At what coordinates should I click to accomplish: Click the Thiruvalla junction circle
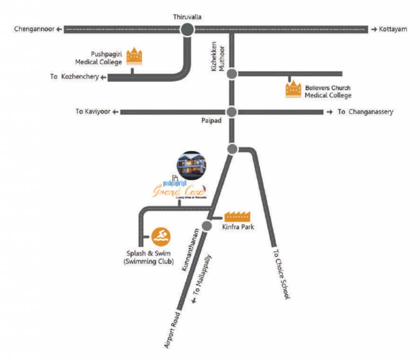(187, 30)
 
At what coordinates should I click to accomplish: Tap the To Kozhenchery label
(75, 77)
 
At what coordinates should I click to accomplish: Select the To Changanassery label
(365, 112)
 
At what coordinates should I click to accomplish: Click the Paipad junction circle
(231, 112)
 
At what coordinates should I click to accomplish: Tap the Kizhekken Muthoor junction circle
(231, 74)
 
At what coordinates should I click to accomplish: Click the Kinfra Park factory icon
(237, 216)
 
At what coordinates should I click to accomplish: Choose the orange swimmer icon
(161, 236)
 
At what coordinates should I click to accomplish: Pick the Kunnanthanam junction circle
(206, 226)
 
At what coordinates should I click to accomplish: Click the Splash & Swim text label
(149, 254)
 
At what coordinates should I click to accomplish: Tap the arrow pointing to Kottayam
(374, 29)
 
